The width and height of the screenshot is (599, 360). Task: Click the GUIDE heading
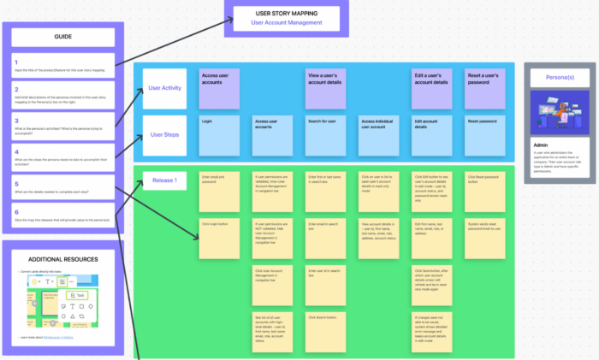point(62,37)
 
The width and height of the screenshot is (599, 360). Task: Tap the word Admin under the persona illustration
point(539,145)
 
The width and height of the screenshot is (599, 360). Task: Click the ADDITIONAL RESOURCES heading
point(62,259)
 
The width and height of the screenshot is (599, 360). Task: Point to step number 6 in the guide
point(16,211)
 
